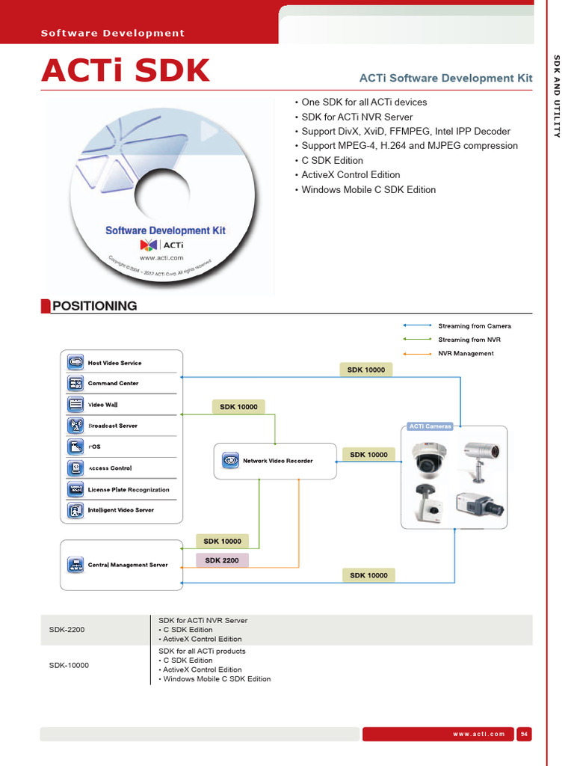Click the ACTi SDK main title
click(126, 70)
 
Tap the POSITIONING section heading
click(94, 305)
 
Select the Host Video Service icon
click(75, 362)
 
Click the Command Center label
click(113, 383)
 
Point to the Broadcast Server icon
click(75, 426)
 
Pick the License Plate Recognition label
click(129, 490)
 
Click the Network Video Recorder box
click(275, 461)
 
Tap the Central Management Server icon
click(75, 565)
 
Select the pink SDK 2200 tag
click(222, 560)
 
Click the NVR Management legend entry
click(466, 353)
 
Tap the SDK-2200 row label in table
click(67, 630)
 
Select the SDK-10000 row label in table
click(70, 665)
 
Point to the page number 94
click(524, 734)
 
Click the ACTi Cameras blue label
click(430, 426)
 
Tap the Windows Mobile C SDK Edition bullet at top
click(368, 190)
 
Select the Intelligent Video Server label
click(121, 510)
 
